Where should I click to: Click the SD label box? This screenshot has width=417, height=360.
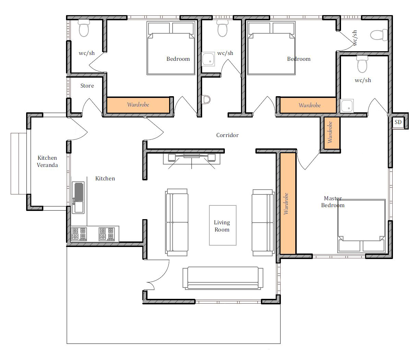coord(398,122)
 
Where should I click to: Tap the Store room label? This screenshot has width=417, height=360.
coord(87,86)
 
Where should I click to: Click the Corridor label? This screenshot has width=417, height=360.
coord(227,135)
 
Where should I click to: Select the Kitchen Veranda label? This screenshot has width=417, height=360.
coord(47,161)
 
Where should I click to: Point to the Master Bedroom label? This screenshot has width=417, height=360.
coord(333,202)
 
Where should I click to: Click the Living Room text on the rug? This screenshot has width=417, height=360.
coord(222,226)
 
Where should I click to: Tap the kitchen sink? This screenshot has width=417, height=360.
coord(78,197)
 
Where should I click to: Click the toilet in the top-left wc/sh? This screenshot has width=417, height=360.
coord(84,28)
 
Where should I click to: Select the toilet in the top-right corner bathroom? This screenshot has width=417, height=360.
coord(379,35)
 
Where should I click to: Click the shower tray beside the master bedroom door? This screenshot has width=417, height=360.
coord(347,106)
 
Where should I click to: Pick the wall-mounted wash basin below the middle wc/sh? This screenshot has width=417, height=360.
coord(206,100)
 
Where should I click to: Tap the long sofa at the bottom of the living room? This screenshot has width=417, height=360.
coord(223,278)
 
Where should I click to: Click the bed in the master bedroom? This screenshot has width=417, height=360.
coord(362,226)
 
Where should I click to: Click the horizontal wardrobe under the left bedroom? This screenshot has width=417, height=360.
coord(138,105)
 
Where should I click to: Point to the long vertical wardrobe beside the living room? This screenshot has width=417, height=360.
coord(288,203)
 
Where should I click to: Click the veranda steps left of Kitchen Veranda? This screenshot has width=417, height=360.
coord(19,164)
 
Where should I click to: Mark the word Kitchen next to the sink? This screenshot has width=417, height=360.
coord(105,178)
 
